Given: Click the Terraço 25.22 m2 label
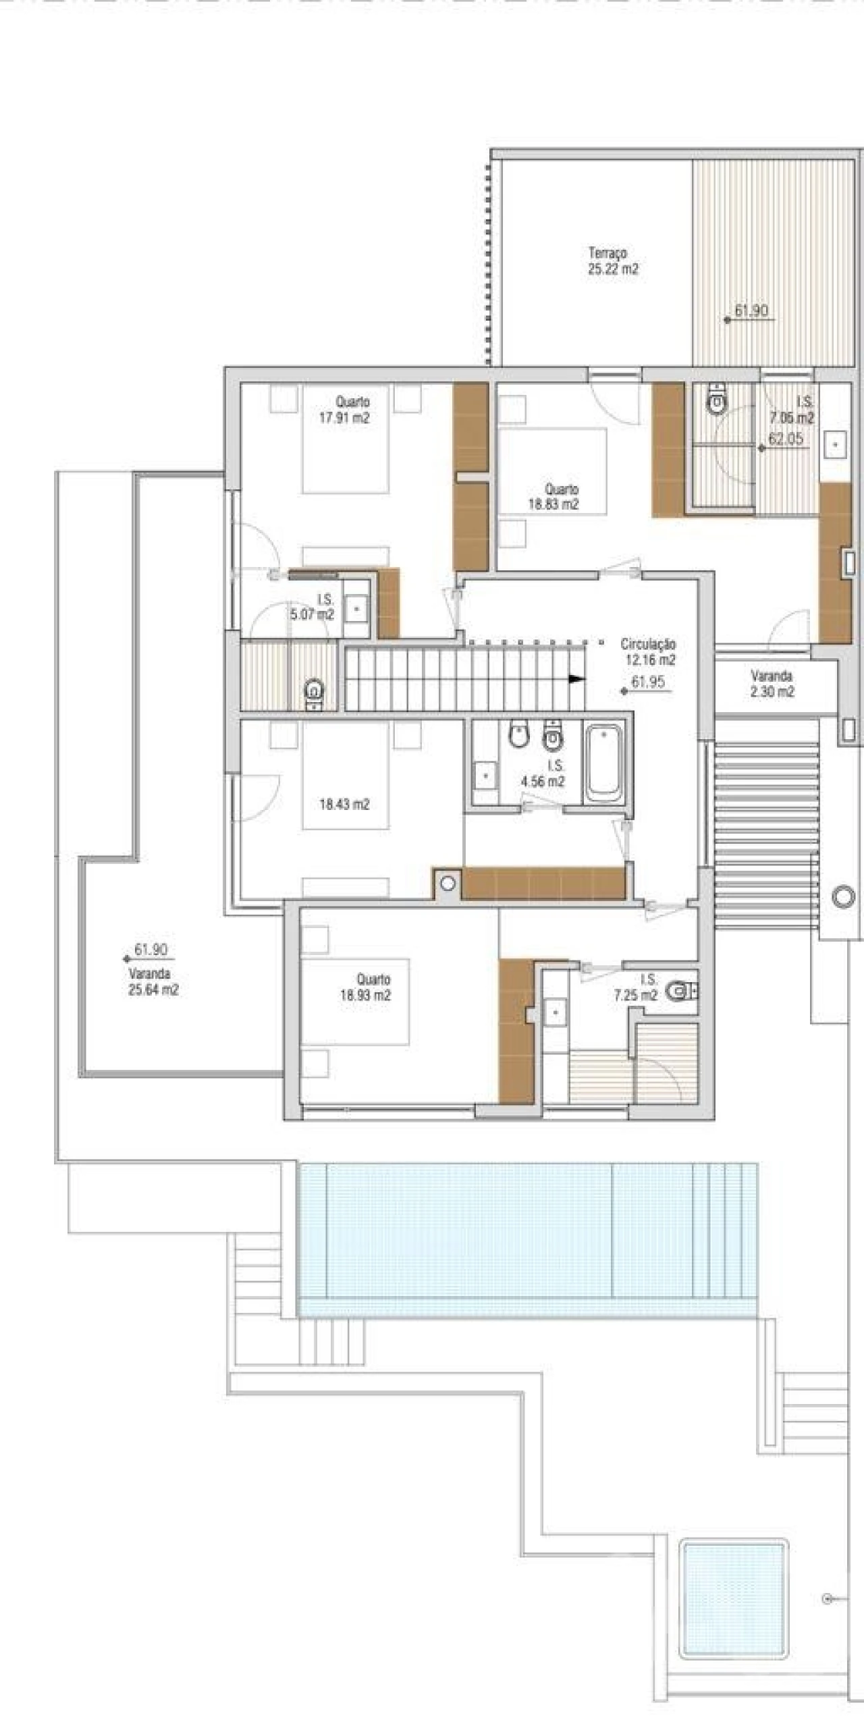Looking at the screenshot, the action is (x=613, y=261).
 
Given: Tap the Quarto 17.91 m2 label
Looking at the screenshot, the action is (x=345, y=410).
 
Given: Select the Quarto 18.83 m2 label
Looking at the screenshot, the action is (x=553, y=496).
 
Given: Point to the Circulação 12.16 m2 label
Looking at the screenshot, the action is (x=649, y=652).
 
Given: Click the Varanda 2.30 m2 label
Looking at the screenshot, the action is (x=772, y=684).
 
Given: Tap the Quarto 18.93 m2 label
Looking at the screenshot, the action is (x=366, y=987).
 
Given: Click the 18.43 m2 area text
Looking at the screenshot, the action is (x=344, y=805).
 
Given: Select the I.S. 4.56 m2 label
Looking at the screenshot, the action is (x=543, y=774).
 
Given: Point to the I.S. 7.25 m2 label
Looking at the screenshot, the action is (x=637, y=988).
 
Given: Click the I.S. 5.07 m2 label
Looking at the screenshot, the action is (x=313, y=607).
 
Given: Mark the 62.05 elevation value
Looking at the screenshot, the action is (x=786, y=439).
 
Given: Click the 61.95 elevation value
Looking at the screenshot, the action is (x=649, y=682).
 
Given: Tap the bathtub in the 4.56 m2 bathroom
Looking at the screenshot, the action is (x=605, y=761).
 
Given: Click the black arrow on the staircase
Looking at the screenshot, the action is (x=576, y=679).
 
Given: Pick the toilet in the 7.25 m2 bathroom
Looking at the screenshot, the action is (x=682, y=991).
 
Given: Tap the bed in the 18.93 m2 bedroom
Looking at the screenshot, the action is (x=355, y=1002).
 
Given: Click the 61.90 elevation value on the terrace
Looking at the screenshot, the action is (x=751, y=311).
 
